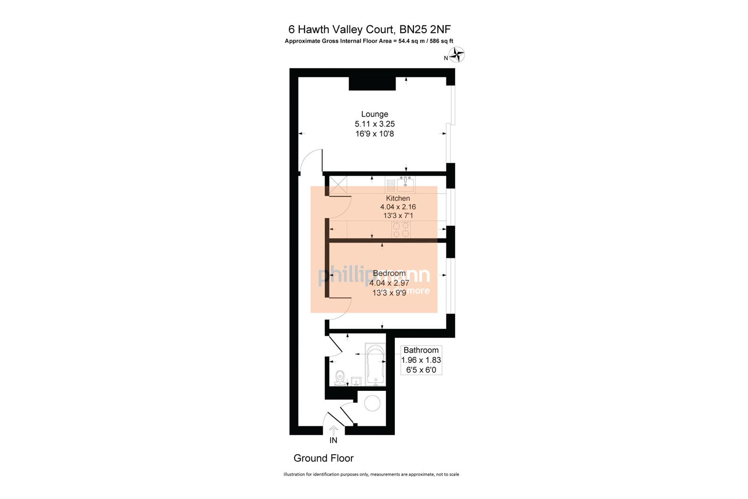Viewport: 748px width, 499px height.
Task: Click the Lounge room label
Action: (x=374, y=114)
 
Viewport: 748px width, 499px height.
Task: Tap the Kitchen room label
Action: (x=398, y=198)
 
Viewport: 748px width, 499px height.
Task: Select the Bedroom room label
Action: (x=389, y=273)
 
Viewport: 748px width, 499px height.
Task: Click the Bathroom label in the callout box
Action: (x=421, y=350)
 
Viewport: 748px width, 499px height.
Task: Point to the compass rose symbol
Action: (x=457, y=55)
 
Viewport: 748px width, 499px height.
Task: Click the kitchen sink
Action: (x=406, y=185)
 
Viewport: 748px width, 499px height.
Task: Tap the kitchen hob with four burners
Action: (x=401, y=229)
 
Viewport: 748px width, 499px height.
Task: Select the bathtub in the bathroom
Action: (x=375, y=365)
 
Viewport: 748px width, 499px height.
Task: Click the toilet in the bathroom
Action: (x=340, y=377)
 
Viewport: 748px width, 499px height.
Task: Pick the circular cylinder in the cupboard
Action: (x=372, y=404)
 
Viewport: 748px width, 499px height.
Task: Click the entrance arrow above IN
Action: (x=333, y=430)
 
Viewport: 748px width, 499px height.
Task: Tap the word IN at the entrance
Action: (x=333, y=440)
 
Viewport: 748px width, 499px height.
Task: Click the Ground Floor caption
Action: (x=323, y=458)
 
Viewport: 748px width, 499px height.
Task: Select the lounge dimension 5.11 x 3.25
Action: (x=374, y=124)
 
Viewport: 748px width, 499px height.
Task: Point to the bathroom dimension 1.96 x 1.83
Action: (x=421, y=360)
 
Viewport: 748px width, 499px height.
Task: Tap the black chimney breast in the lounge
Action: (x=372, y=83)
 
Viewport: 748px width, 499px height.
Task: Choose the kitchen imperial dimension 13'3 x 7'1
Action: (x=398, y=215)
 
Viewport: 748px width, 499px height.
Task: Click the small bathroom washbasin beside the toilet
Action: (x=356, y=382)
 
